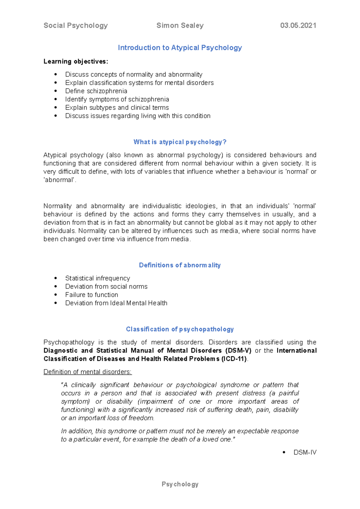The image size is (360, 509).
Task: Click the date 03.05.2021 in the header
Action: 298,25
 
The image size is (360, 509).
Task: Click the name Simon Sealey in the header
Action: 180,25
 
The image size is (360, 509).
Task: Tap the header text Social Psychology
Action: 76,25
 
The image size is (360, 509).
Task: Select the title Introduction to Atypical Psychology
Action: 180,48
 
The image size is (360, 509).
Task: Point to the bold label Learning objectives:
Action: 76,61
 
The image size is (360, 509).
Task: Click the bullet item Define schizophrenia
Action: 96,91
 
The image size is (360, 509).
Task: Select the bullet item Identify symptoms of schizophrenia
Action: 117,99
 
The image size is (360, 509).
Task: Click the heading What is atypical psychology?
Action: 180,142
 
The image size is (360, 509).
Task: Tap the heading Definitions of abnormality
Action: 180,265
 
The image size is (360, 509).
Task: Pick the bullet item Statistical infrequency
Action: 97,278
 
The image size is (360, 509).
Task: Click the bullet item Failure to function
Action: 91,295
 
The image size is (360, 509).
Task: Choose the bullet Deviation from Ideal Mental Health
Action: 116,303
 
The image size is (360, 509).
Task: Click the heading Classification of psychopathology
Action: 180,329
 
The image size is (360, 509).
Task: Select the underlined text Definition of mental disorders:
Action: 87,372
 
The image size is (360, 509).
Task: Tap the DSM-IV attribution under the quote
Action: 305,452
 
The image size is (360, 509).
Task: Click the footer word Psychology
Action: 180,484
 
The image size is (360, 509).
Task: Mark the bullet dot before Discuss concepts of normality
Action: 55,74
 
